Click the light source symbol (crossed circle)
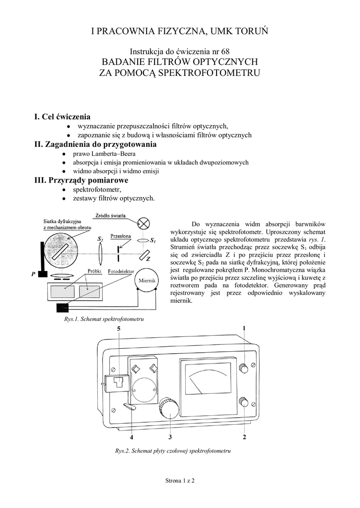click(144, 223)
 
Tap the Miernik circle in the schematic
click(147, 281)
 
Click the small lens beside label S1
click(142, 241)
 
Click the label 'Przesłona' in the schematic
click(121, 236)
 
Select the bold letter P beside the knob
click(33, 273)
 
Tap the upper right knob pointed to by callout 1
click(244, 368)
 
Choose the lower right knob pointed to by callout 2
click(244, 402)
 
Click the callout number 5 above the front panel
click(119, 329)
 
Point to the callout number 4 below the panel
click(132, 438)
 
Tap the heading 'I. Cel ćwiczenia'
click(62, 117)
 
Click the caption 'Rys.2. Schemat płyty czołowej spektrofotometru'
click(173, 451)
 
